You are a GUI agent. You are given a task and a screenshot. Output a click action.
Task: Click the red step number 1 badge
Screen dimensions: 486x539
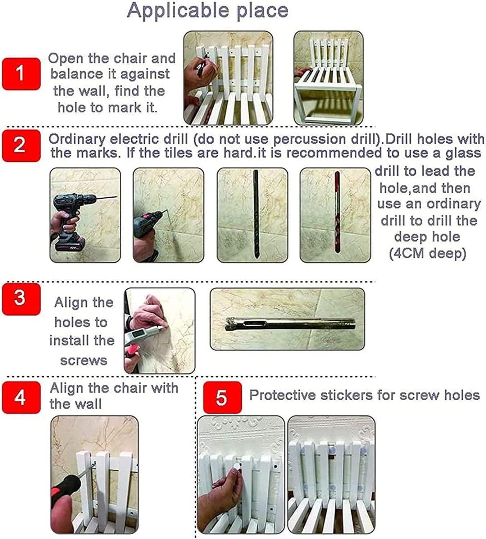[21, 74]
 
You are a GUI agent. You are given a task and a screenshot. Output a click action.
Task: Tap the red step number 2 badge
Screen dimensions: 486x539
[21, 146]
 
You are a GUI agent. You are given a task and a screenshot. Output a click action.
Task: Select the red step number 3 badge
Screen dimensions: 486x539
[21, 299]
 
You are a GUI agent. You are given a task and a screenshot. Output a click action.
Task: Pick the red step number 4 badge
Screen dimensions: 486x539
[21, 397]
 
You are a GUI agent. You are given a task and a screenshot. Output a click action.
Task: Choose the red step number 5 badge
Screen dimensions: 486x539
[222, 397]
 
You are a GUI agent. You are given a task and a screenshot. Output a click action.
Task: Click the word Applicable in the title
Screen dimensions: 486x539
[178, 11]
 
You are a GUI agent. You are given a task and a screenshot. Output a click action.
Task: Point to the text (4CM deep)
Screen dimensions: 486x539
[428, 253]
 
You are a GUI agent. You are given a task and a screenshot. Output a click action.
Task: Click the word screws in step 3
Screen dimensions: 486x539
[84, 360]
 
